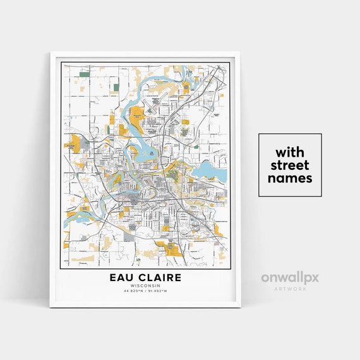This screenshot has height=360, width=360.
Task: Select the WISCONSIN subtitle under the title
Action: coord(145,286)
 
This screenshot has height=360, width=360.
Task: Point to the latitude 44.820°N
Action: coord(133,291)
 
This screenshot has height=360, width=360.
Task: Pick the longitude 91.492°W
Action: coord(157,291)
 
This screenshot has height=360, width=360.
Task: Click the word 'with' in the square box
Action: coord(289,152)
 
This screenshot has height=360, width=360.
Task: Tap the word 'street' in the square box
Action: coord(289,165)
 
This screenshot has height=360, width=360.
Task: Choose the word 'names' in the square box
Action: coord(289,179)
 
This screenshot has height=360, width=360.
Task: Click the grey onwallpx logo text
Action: coord(291,278)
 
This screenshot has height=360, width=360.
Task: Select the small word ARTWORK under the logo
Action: coord(291,289)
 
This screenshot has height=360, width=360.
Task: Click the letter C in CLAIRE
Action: coord(141,278)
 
